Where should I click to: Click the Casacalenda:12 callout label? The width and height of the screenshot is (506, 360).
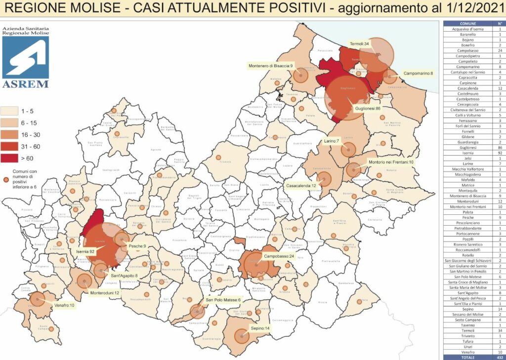click(301, 186)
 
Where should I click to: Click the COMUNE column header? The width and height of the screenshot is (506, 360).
click(467, 23)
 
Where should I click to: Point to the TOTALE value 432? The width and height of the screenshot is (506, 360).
click(500, 357)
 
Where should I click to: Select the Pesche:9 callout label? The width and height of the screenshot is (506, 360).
click(137, 246)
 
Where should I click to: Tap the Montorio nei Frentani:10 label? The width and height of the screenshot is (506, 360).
click(390, 162)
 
